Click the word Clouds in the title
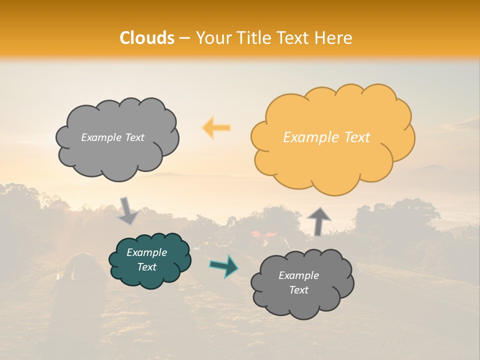pos(147,38)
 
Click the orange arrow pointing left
pos(216,127)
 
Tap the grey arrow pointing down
pos(127,211)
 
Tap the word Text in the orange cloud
pos(357,137)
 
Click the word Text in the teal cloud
pos(147,267)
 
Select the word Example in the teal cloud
pos(147,252)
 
